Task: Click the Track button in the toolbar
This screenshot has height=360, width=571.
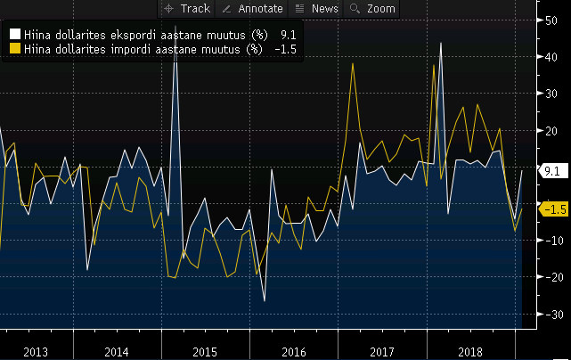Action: coord(188,8)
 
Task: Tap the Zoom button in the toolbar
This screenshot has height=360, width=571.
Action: coord(373,8)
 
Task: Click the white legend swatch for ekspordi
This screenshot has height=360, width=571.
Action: coord(14,35)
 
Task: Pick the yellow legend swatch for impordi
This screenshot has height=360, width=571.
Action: coord(14,49)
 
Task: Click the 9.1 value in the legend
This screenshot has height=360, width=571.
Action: coord(288,35)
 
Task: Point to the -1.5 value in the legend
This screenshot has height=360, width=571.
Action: coord(285,49)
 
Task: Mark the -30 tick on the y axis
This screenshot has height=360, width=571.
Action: coord(551,315)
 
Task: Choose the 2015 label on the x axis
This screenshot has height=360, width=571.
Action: coord(205,351)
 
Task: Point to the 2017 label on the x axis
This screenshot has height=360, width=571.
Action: coord(381,351)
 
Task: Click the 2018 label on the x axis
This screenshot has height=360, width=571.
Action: coord(469,351)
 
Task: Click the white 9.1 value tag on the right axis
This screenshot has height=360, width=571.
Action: coord(551,170)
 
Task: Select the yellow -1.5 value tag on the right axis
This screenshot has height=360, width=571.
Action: coord(554,209)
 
